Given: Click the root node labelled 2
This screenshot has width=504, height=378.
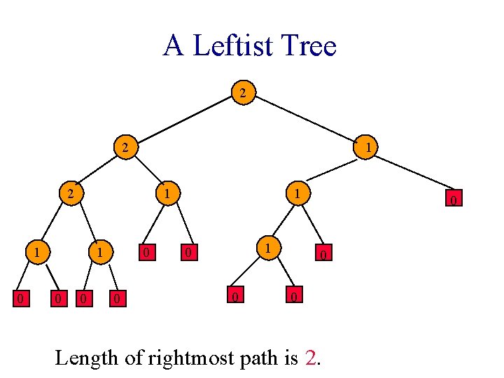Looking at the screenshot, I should click(x=242, y=92).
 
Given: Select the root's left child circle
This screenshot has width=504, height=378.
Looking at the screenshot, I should click(x=125, y=147).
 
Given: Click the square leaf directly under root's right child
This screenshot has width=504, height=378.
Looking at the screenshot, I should click(x=454, y=201).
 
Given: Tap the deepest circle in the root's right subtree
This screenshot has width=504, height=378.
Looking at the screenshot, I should click(x=266, y=248).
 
